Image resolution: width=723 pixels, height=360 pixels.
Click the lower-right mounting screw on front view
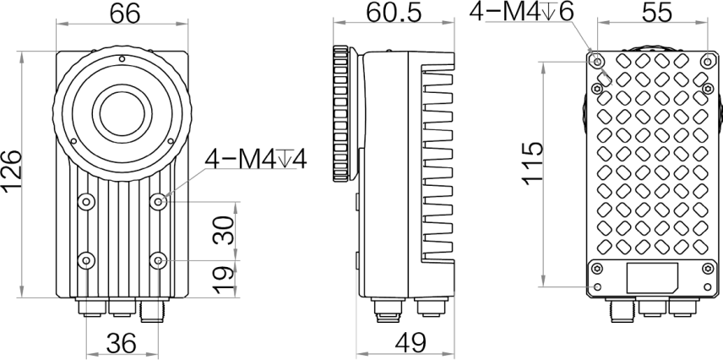[x=160, y=259]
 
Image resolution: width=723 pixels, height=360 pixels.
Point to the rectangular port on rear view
[x=652, y=278]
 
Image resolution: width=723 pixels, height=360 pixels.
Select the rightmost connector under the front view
[x=152, y=312]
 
